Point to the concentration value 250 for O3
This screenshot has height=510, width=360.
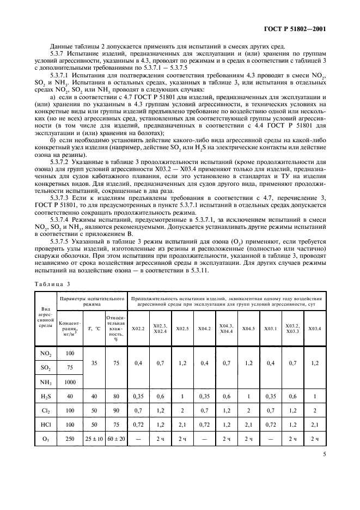[69, 438]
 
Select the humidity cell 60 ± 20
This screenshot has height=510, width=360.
[115, 438]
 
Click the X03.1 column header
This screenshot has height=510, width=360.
[270, 329]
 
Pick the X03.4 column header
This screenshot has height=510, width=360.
[314, 329]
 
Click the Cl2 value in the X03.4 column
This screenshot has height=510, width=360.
[314, 410]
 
